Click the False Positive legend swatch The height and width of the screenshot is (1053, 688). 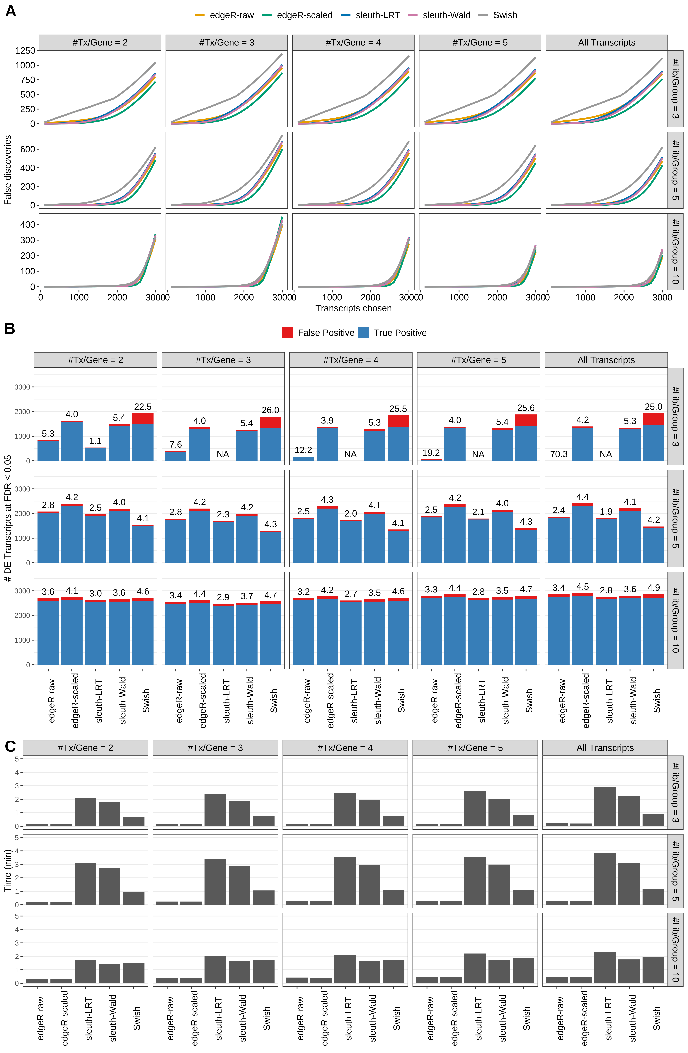click(x=287, y=333)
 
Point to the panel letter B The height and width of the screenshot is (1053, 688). click(x=10, y=329)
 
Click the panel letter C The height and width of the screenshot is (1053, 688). click(x=10, y=746)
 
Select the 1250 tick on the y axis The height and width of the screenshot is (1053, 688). click(x=25, y=50)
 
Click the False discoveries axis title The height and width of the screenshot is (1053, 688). click(x=8, y=170)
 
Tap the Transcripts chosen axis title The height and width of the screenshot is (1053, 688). click(x=353, y=308)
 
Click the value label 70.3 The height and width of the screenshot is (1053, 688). click(x=558, y=454)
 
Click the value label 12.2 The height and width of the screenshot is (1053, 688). click(x=303, y=450)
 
